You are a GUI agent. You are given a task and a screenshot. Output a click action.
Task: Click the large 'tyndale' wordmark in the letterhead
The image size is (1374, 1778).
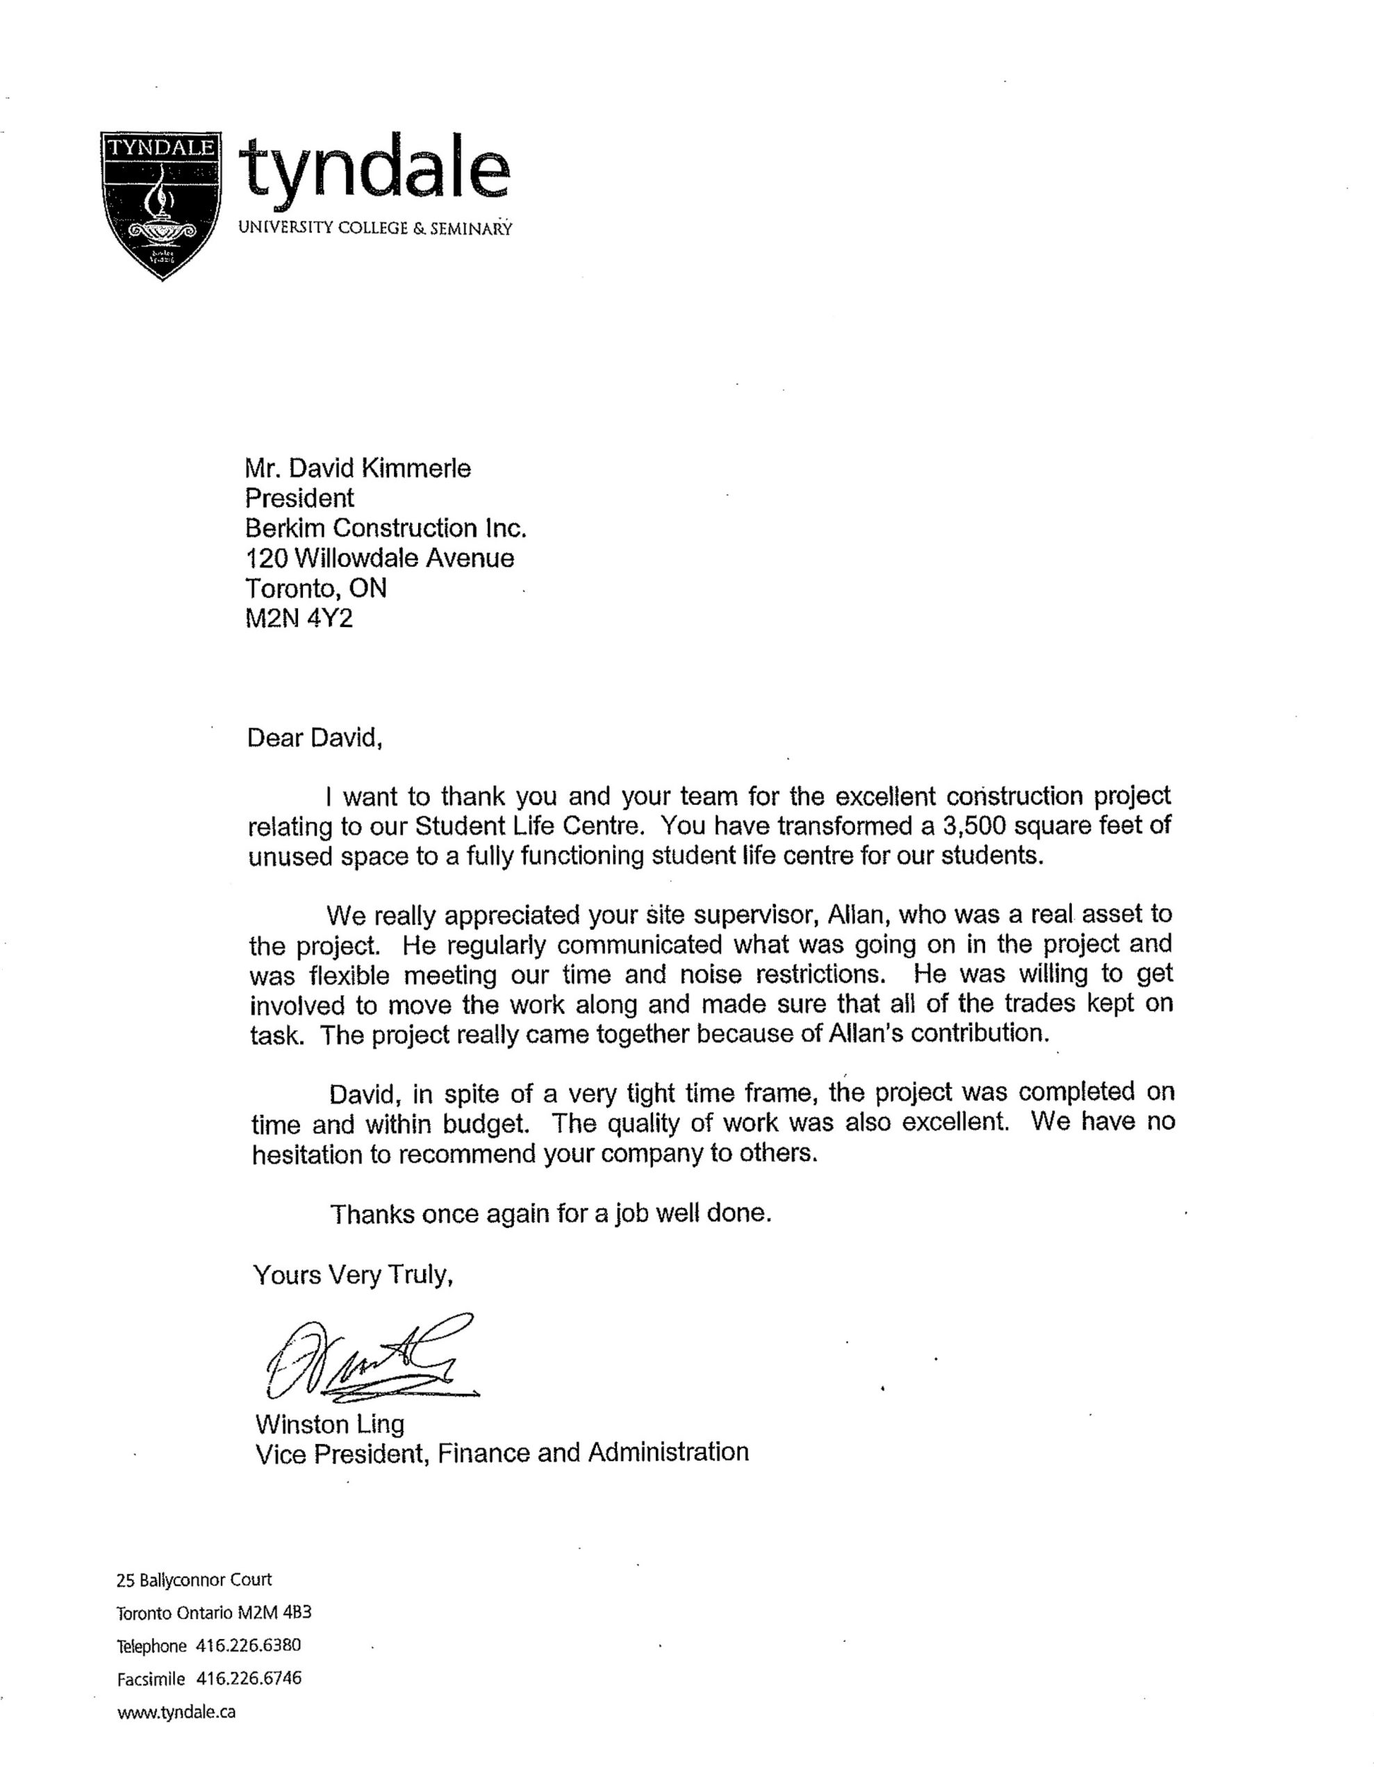tap(376, 169)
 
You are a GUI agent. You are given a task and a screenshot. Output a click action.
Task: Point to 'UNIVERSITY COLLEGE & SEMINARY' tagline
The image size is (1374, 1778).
tap(374, 228)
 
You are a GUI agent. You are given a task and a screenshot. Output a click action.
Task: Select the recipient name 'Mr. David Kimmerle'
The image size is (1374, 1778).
tap(358, 468)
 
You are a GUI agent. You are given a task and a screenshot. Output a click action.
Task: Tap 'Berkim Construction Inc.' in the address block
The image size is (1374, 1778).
tap(386, 529)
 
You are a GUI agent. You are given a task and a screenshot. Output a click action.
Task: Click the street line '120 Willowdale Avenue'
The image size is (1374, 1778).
tap(379, 558)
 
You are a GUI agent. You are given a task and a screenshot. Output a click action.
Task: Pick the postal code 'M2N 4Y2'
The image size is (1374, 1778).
tap(299, 619)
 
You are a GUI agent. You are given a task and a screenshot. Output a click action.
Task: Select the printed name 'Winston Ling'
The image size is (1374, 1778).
tap(329, 1424)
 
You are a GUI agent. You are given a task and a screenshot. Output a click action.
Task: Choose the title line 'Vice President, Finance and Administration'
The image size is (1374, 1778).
tap(502, 1453)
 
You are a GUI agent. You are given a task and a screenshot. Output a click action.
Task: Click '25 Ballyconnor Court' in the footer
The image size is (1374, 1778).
tap(194, 1580)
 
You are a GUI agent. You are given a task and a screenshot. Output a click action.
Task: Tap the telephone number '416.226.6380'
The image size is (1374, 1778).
tap(249, 1645)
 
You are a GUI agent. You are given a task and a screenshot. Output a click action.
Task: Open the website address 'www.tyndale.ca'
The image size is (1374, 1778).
tap(176, 1711)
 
